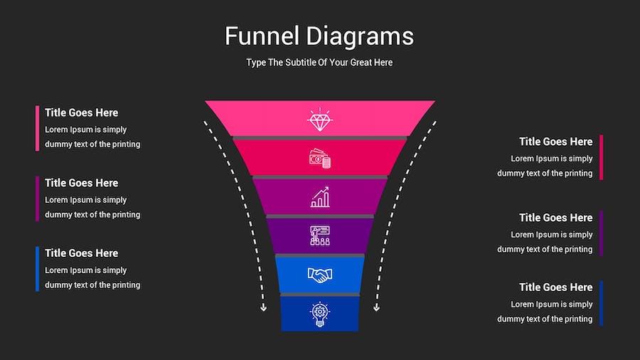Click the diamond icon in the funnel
point(320,120)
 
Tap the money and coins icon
point(320,159)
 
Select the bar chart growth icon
point(320,197)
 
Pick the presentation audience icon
point(320,235)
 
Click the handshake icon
point(320,275)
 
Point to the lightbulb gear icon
point(320,314)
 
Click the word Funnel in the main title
point(262,36)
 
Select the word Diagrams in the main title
point(360,36)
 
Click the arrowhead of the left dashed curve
point(263,308)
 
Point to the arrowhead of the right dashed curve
point(377,308)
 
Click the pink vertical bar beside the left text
point(37,128)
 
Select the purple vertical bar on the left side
point(37,198)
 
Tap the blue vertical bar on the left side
point(37,269)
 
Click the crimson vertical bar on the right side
point(602,157)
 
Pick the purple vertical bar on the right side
point(602,233)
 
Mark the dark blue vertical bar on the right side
point(602,303)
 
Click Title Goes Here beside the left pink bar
point(82,112)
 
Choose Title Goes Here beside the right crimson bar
point(555,142)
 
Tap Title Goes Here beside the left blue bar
point(82,253)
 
